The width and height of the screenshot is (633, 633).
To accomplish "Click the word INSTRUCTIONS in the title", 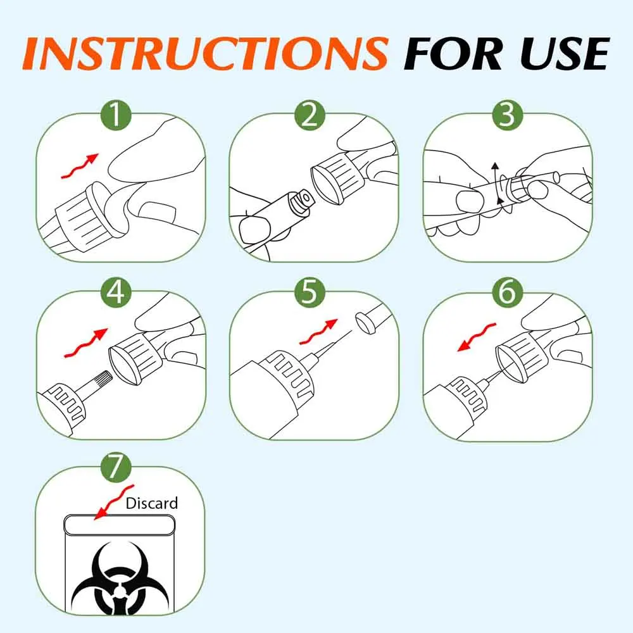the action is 204,54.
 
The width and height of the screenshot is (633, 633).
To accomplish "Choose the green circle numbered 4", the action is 116,292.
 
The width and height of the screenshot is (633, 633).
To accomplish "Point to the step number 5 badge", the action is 310,292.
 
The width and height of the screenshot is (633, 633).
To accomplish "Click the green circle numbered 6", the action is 508,292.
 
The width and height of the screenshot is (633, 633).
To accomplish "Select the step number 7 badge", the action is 116,468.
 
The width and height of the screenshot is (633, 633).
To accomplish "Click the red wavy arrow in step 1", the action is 80,166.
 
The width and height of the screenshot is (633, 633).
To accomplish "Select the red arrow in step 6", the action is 477,337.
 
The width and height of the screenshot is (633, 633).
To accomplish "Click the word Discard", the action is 152,503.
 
